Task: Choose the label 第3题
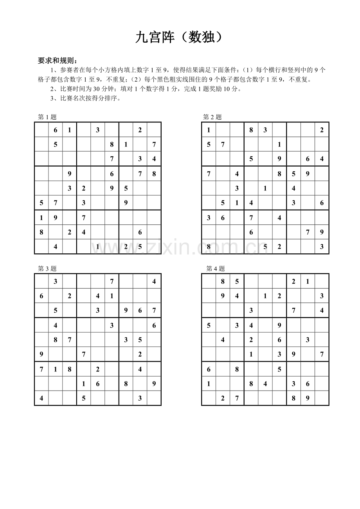click(x=47, y=269)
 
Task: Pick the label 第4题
click(x=216, y=269)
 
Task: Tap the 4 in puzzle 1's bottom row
click(x=56, y=247)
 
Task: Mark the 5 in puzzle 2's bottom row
click(x=265, y=247)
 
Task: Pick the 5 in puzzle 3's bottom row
click(x=84, y=398)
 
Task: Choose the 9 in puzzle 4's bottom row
click(x=308, y=398)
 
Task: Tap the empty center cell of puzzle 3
click(x=98, y=340)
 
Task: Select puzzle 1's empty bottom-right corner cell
click(x=154, y=247)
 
